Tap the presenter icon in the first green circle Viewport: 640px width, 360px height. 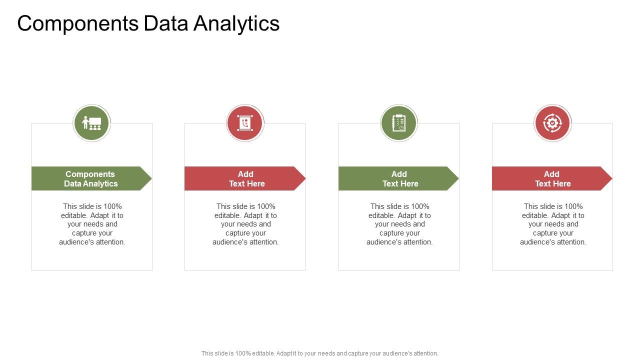coord(91,123)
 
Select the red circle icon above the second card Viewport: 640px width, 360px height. coord(245,123)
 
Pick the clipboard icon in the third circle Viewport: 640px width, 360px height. coord(398,123)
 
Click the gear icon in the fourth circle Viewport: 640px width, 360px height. coord(552,123)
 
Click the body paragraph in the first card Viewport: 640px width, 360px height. coord(92,224)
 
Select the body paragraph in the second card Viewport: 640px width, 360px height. coord(245,224)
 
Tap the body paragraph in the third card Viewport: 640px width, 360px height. coord(399,224)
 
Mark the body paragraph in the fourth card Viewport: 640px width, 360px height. coord(553,224)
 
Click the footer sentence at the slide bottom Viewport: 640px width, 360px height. coord(320,353)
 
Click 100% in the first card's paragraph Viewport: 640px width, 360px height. coord(112,206)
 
